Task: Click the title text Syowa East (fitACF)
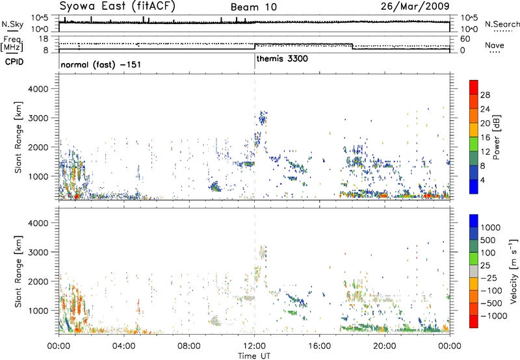tap(118, 6)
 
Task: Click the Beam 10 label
tap(253, 7)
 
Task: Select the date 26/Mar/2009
tap(415, 6)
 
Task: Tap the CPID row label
tap(14, 62)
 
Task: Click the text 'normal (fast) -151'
tap(101, 64)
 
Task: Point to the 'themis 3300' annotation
tap(282, 58)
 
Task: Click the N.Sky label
tap(12, 25)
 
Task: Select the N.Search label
tap(502, 24)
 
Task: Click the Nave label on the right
tap(495, 45)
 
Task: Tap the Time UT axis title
tap(254, 356)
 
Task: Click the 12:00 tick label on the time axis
tap(254, 346)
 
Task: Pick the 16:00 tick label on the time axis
tap(319, 346)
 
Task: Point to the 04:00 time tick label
tap(124, 346)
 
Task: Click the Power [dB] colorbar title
tap(496, 137)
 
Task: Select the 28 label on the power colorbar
tap(485, 95)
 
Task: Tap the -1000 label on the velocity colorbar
tap(494, 316)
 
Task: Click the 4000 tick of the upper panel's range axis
tap(38, 89)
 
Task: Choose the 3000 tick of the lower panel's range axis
tap(38, 252)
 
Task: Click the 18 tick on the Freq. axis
tap(44, 39)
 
